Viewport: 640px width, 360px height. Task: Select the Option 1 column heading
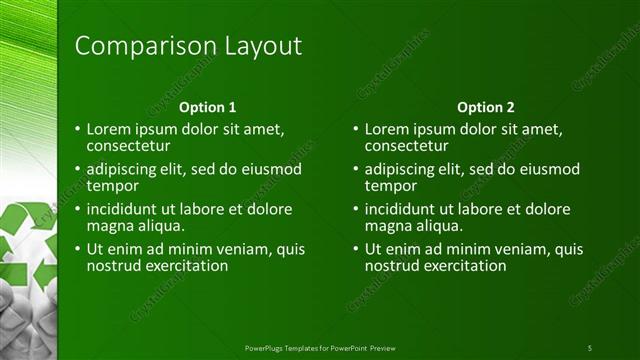click(207, 107)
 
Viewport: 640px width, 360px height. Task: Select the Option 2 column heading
click(485, 107)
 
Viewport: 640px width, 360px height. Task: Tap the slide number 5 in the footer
click(589, 347)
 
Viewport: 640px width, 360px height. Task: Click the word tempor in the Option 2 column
click(390, 185)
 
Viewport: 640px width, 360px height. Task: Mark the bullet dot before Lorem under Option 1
click(78, 129)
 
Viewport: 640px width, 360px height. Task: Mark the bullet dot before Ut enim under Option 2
click(356, 250)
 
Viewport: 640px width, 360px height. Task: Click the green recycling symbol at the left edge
click(28, 245)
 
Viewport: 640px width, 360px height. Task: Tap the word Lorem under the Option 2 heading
click(386, 129)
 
